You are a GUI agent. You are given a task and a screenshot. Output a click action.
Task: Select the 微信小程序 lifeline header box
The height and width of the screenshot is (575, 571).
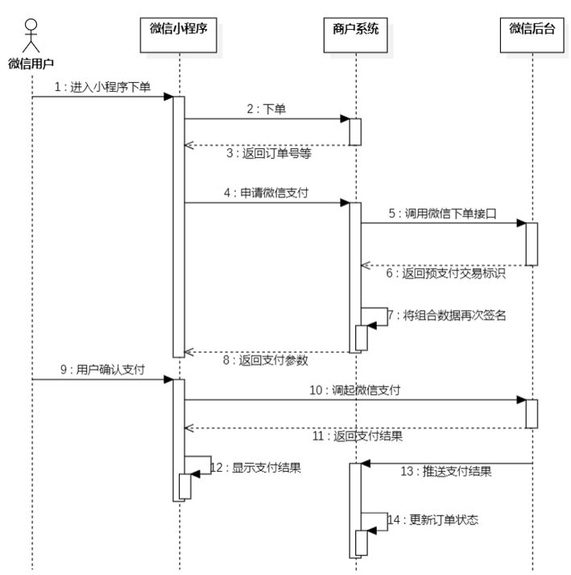[x=179, y=31]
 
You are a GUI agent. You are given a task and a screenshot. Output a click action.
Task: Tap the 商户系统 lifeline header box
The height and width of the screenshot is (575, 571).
[x=355, y=31]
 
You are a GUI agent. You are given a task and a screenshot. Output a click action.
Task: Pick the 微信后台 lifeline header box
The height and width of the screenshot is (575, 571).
[x=532, y=31]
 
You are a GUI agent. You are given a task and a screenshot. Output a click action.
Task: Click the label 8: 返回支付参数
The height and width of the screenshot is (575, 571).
[x=266, y=360]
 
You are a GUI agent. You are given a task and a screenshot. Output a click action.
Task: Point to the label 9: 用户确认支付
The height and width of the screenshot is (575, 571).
[x=102, y=369]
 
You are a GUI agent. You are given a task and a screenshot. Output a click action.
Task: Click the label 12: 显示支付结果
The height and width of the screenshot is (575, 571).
[x=255, y=467]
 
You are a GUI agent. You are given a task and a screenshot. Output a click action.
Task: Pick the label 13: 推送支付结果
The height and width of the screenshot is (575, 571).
[x=446, y=471]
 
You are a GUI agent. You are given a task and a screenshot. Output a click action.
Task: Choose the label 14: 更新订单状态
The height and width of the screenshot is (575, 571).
[x=432, y=519]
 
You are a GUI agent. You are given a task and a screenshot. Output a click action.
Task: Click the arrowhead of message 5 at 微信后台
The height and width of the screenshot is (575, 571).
[x=521, y=224]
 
